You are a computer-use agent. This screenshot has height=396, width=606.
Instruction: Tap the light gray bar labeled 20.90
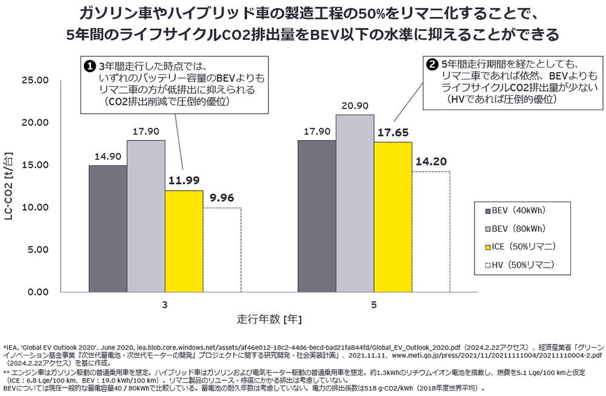pos(355,203)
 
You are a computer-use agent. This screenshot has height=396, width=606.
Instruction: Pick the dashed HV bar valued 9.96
pos(222,249)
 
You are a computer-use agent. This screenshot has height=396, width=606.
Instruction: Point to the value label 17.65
pos(393,133)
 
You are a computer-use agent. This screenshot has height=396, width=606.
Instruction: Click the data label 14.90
pos(108,156)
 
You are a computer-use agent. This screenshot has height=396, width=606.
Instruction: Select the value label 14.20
pos(431,162)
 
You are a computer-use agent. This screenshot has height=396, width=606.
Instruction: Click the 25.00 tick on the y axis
pos(35,80)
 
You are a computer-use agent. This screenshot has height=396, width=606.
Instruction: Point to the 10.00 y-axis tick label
pos(35,207)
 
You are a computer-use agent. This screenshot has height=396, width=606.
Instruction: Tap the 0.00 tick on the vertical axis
pos(37,292)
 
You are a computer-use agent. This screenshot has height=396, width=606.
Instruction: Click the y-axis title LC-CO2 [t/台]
pos(10,186)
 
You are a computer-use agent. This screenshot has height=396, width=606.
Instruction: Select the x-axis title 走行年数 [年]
pos(268,318)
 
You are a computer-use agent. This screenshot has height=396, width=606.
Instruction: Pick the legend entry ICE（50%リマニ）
pos(523,246)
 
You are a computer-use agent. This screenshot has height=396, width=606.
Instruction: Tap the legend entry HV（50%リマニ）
pos(522,265)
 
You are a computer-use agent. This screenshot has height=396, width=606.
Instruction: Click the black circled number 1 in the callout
pos(88,65)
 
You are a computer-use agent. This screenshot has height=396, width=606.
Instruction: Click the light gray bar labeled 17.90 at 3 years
pos(146,216)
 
